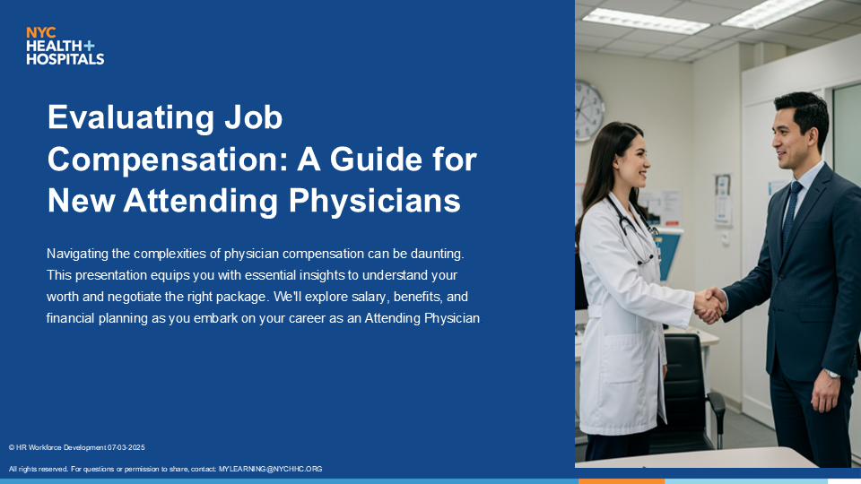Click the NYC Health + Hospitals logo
[x=65, y=46]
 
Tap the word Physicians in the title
[x=375, y=200]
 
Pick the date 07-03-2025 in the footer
[x=126, y=448]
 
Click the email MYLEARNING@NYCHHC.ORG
[x=270, y=469]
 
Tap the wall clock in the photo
[x=589, y=110]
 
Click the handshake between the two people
[x=709, y=305]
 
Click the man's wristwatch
[x=832, y=374]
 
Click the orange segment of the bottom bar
[x=622, y=481]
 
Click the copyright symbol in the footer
[x=12, y=448]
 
